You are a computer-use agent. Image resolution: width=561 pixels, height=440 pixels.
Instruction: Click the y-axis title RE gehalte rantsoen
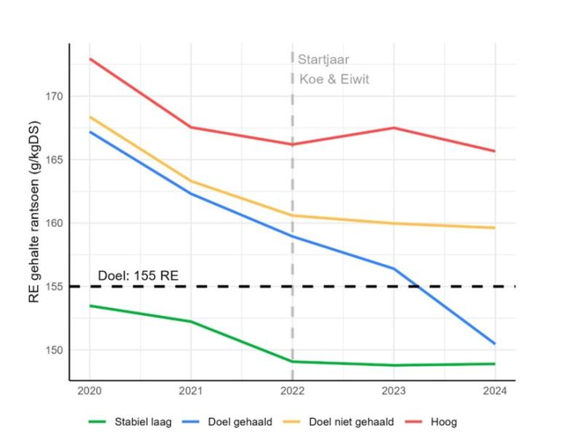tap(34, 212)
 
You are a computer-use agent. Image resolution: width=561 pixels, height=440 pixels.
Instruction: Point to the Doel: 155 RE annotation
tap(138, 276)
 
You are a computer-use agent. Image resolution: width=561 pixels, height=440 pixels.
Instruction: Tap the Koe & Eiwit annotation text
tap(334, 79)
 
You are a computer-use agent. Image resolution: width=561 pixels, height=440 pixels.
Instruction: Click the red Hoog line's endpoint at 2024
tap(495, 151)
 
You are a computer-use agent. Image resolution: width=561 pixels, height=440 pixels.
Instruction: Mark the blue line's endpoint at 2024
tap(495, 344)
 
